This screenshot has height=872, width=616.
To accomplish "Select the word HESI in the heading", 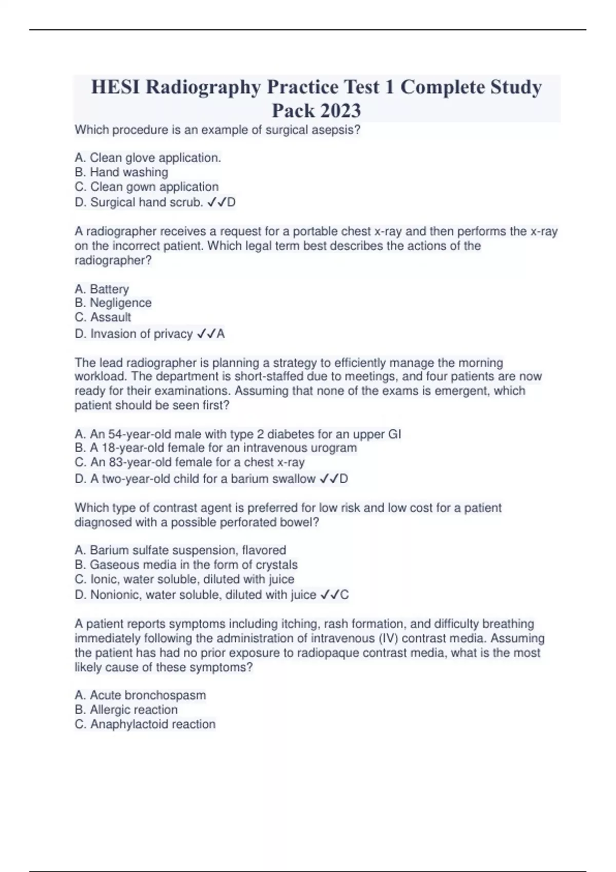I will pyautogui.click(x=116, y=87).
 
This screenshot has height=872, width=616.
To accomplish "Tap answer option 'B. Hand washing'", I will pyautogui.click(x=121, y=172).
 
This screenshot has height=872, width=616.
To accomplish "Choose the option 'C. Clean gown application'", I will pyautogui.click(x=146, y=187).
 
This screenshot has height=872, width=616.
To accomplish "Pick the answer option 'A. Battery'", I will pyautogui.click(x=102, y=289).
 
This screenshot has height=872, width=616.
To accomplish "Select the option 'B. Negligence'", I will pyautogui.click(x=113, y=303).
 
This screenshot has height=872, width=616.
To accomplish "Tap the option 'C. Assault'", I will pyautogui.click(x=103, y=317).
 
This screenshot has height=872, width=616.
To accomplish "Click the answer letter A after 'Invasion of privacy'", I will pyautogui.click(x=221, y=334).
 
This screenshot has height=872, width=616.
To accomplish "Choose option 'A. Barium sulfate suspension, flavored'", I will pyautogui.click(x=180, y=550).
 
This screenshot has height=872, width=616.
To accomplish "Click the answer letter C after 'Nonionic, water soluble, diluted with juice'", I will pyautogui.click(x=344, y=595).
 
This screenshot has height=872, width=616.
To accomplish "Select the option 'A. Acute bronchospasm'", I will pyautogui.click(x=140, y=696).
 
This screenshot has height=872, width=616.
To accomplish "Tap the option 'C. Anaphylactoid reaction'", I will pyautogui.click(x=145, y=724).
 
